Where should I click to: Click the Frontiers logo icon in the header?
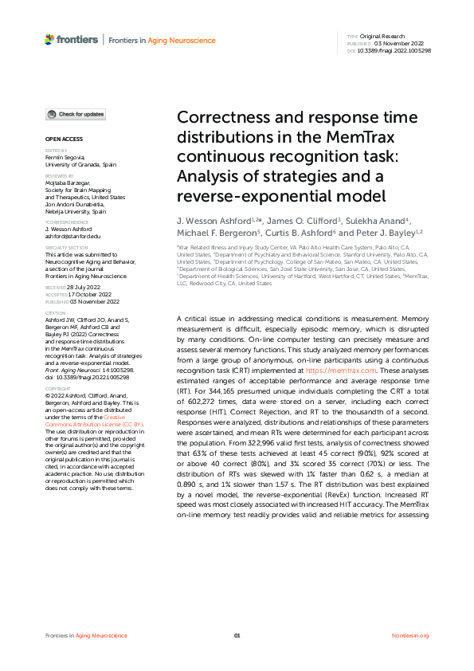tap(49, 38)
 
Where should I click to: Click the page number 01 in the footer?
tap(237, 635)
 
